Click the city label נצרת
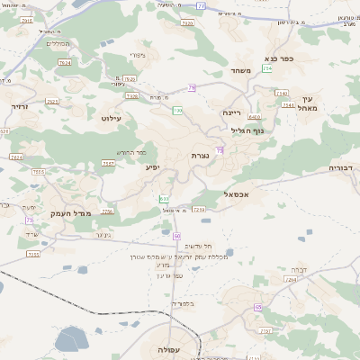click(x=200, y=156)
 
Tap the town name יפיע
click(x=152, y=166)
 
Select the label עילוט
click(x=112, y=118)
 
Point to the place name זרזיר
click(x=20, y=106)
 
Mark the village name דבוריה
click(x=344, y=167)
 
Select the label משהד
click(x=240, y=70)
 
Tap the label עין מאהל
click(x=311, y=104)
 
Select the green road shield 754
click(x=267, y=68)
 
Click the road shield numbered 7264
click(x=290, y=280)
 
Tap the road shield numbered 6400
click(x=254, y=117)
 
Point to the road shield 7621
click(x=51, y=102)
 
